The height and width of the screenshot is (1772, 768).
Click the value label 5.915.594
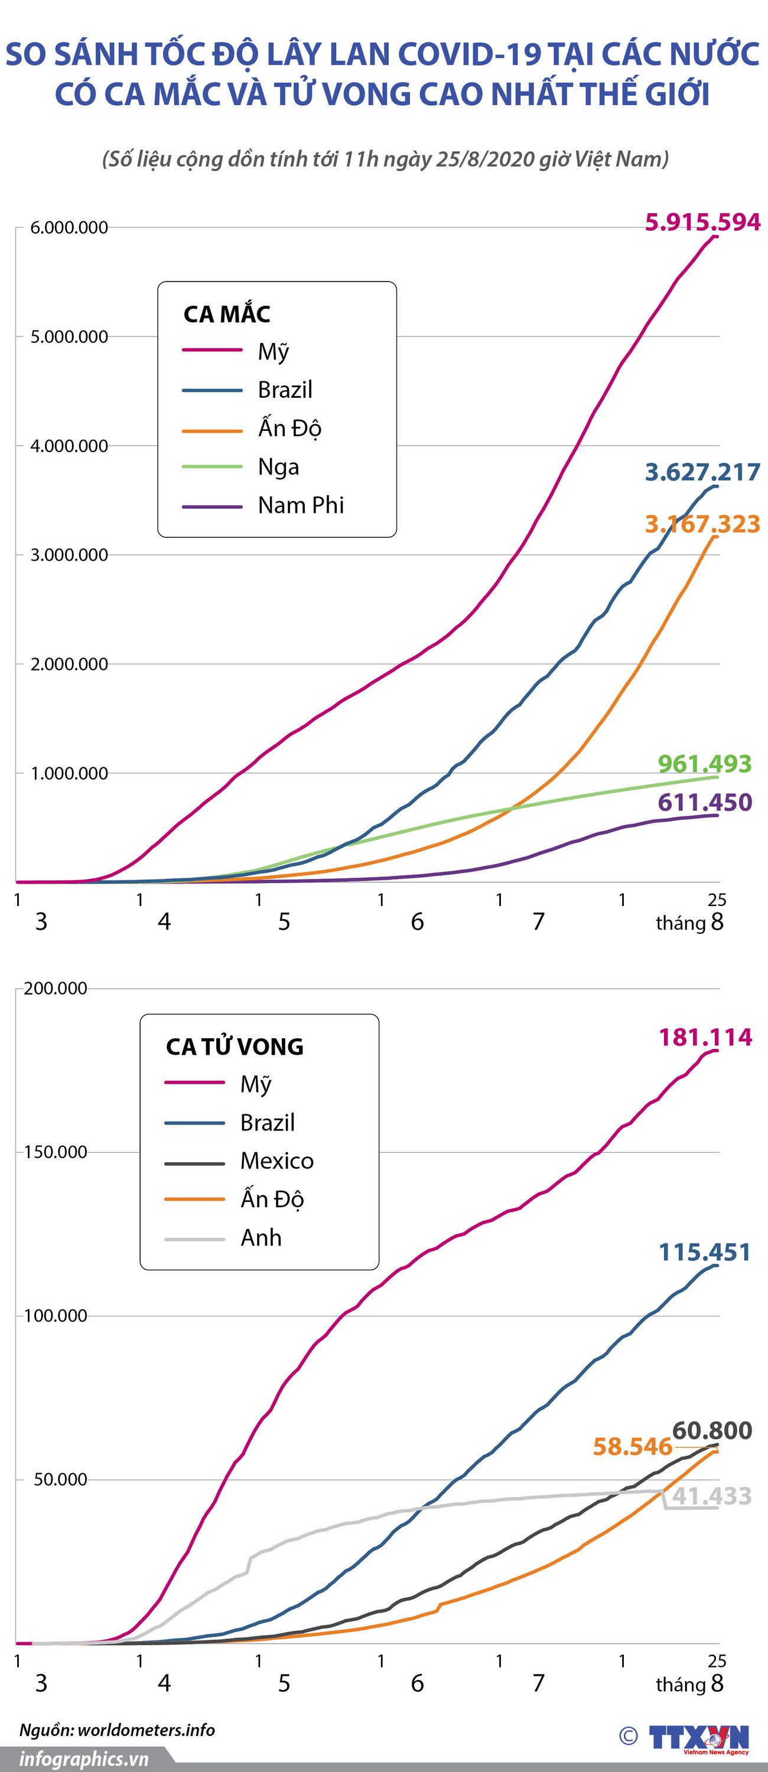click(702, 222)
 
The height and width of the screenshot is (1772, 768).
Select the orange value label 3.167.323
click(702, 524)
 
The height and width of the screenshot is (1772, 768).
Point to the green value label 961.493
click(705, 764)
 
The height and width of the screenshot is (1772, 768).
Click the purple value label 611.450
click(705, 802)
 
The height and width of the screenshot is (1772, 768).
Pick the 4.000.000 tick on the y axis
click(69, 446)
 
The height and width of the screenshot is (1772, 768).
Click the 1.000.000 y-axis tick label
click(69, 773)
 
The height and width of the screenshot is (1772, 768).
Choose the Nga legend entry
click(278, 466)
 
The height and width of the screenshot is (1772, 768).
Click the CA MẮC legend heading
click(226, 315)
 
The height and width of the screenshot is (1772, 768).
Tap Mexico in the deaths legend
click(276, 1160)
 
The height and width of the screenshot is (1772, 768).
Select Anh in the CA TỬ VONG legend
click(261, 1238)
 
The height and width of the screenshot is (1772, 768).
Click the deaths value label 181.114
click(705, 1037)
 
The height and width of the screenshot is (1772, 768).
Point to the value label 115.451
click(705, 1252)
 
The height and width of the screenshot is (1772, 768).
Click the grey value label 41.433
click(711, 1496)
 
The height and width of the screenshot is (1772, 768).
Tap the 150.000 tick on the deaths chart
click(56, 1152)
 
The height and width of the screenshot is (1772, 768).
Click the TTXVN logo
click(698, 1738)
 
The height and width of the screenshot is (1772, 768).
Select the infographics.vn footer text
click(84, 1759)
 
